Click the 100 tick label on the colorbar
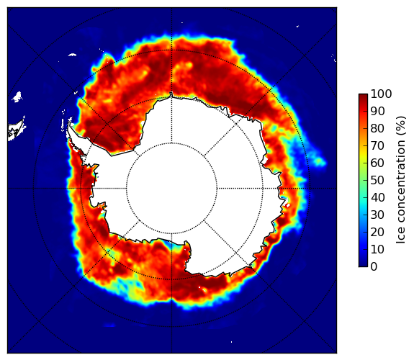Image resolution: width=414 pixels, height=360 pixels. [x=381, y=94]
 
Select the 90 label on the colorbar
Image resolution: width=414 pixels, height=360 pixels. [x=377, y=111]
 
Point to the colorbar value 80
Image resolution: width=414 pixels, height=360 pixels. [x=377, y=128]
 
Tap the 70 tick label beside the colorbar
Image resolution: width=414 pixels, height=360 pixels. [x=377, y=145]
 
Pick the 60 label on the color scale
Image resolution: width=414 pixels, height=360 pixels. [x=377, y=163]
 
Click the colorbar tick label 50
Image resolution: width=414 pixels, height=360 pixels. [x=377, y=180]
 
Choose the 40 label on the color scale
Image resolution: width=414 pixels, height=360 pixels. [x=377, y=197]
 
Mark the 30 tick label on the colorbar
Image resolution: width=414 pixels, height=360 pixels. [x=377, y=215]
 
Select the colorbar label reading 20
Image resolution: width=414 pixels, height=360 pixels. [x=377, y=232]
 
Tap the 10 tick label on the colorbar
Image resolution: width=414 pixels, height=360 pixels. [x=377, y=249]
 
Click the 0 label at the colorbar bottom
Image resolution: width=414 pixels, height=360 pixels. [x=374, y=267]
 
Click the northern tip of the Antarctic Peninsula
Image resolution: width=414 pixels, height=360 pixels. [x=69, y=123]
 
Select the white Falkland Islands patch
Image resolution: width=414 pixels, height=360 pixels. [x=17, y=96]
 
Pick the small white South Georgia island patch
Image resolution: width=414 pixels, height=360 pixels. [x=72, y=55]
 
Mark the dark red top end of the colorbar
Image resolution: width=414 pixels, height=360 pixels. [x=363, y=95]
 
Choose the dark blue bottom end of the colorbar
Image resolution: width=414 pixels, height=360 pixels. [x=363, y=265]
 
